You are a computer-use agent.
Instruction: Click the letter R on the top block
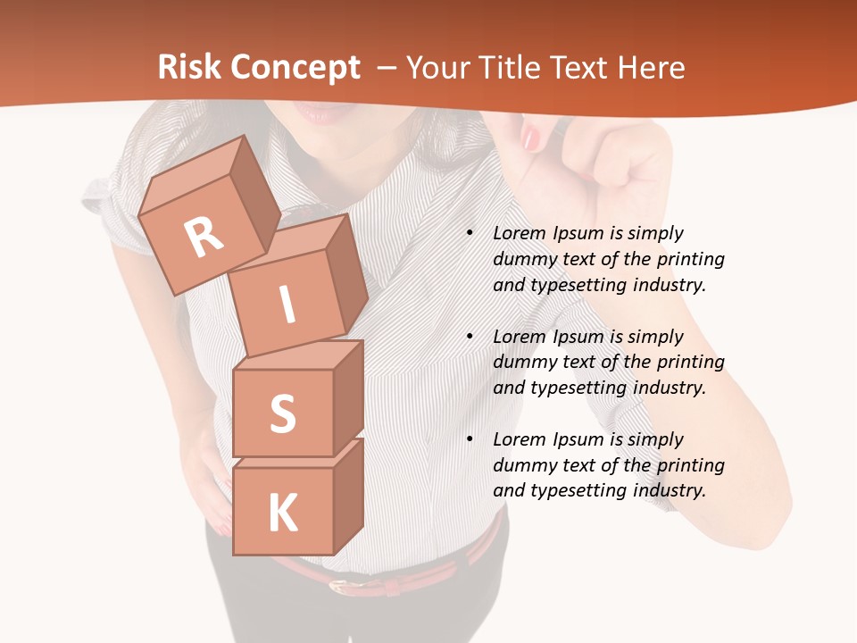coord(204,238)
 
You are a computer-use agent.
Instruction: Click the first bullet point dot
coord(470,234)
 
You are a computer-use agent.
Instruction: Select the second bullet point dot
coord(470,338)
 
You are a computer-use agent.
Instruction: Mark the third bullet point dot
coord(470,440)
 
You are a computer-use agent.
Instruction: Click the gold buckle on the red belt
coord(339,586)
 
